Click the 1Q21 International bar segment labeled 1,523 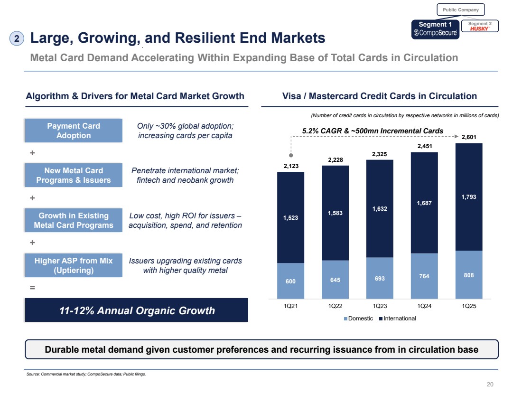(x=290, y=217)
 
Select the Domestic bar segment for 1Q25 (x=469, y=274)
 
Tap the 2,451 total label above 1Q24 (x=424, y=147)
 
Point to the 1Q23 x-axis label (x=380, y=306)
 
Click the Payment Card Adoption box (x=74, y=131)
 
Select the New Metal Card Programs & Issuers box (x=74, y=175)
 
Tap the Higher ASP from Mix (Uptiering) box (x=74, y=265)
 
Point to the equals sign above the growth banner (x=33, y=287)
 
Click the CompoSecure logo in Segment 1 (x=436, y=33)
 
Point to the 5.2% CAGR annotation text (x=373, y=131)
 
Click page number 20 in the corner (x=490, y=384)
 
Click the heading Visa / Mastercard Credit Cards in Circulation (x=379, y=96)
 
